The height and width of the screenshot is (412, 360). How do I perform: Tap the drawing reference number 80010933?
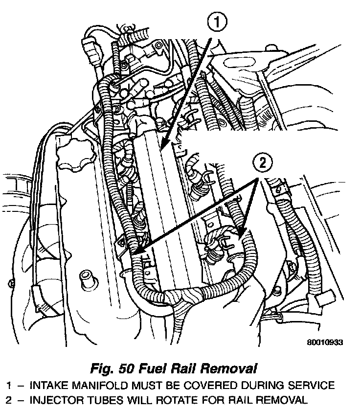(x=324, y=343)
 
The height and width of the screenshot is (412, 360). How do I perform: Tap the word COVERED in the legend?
(x=214, y=385)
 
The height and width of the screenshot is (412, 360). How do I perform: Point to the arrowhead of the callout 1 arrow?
(x=160, y=147)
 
